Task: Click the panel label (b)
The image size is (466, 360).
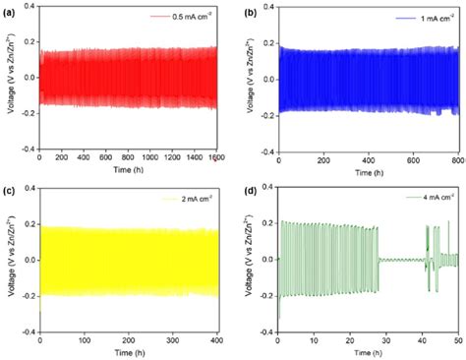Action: pos(250,11)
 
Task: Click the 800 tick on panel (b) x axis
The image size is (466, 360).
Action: pos(455,157)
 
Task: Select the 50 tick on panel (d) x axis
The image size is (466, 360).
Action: pos(455,339)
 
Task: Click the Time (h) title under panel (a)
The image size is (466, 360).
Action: pos(124,170)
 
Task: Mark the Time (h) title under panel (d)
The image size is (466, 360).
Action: pos(366,351)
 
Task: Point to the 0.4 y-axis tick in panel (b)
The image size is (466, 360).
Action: pos(265,8)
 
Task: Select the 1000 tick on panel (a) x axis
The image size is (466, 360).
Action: pos(143,157)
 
